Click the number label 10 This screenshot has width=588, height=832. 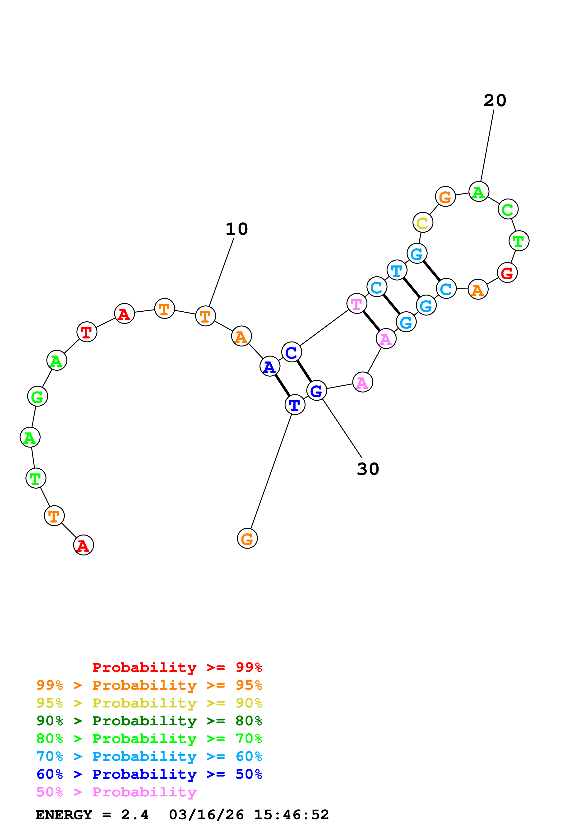point(236,229)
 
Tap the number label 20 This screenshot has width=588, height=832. point(495,100)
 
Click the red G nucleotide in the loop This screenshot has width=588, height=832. point(507,273)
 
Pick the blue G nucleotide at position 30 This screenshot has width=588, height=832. point(316,391)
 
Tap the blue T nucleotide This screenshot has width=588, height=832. point(295,405)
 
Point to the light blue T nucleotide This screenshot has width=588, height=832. point(397,270)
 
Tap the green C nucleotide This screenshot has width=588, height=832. point(508,209)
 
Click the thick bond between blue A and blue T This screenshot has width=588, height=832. point(282,386)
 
